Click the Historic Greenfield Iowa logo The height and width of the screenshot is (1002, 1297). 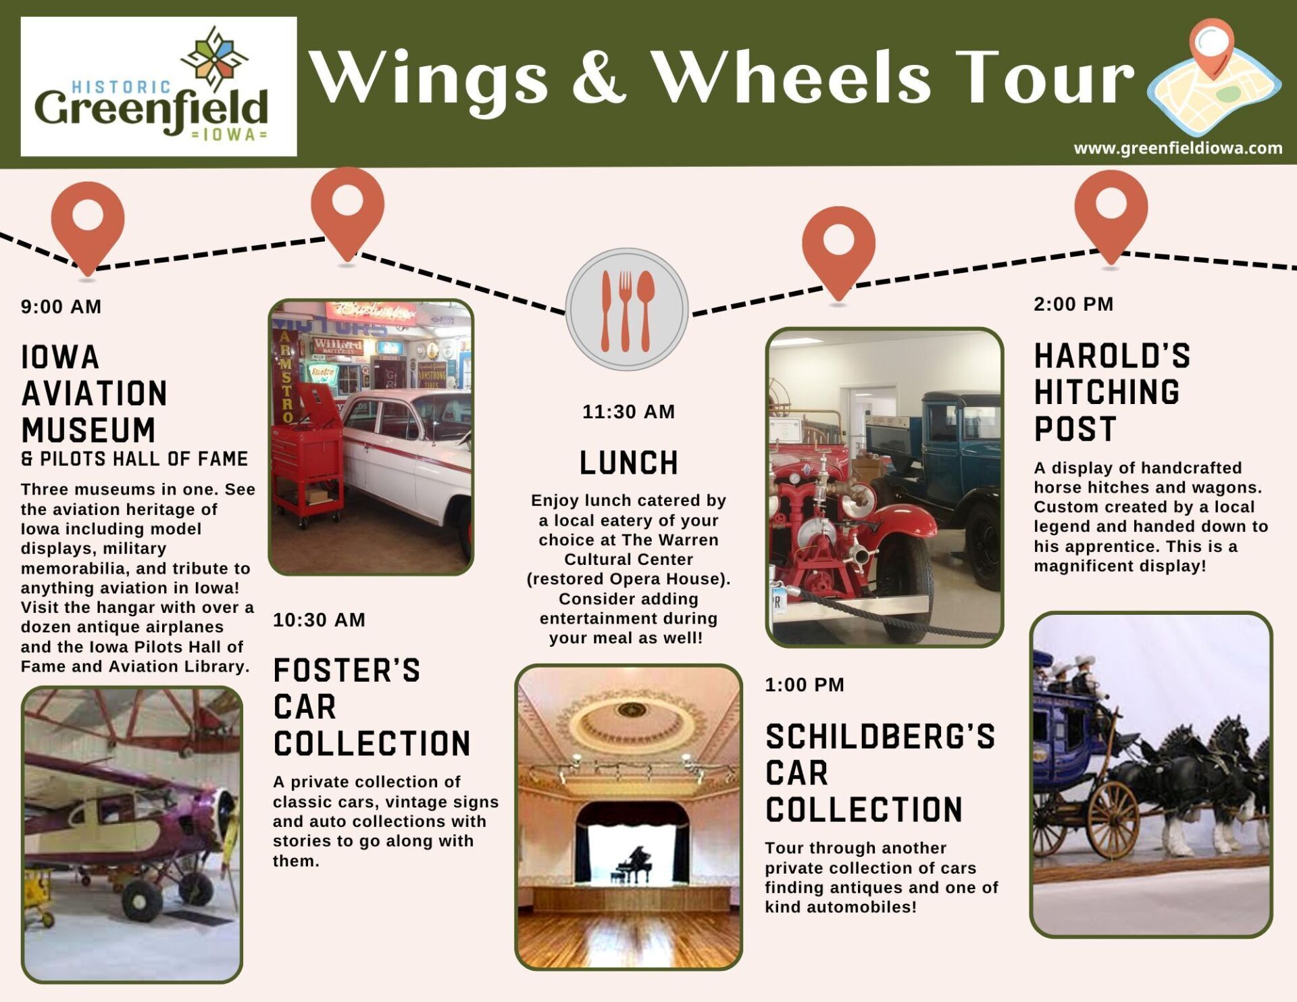(x=159, y=86)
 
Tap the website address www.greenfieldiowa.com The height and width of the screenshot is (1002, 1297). (x=1177, y=148)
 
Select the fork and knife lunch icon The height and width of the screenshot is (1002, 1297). (x=627, y=309)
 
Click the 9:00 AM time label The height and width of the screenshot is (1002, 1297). (x=61, y=307)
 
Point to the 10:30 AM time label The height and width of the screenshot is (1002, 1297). (x=319, y=620)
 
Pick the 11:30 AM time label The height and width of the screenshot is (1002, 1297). (x=629, y=411)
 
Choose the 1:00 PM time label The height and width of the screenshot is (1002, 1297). (x=805, y=684)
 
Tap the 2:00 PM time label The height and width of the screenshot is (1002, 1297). (x=1073, y=304)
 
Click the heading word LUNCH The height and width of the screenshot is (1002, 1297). (x=629, y=464)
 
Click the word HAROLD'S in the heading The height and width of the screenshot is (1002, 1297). (x=1113, y=356)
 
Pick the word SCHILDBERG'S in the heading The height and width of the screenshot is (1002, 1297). (x=880, y=737)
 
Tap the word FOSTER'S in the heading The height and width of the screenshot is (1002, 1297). (x=347, y=671)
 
